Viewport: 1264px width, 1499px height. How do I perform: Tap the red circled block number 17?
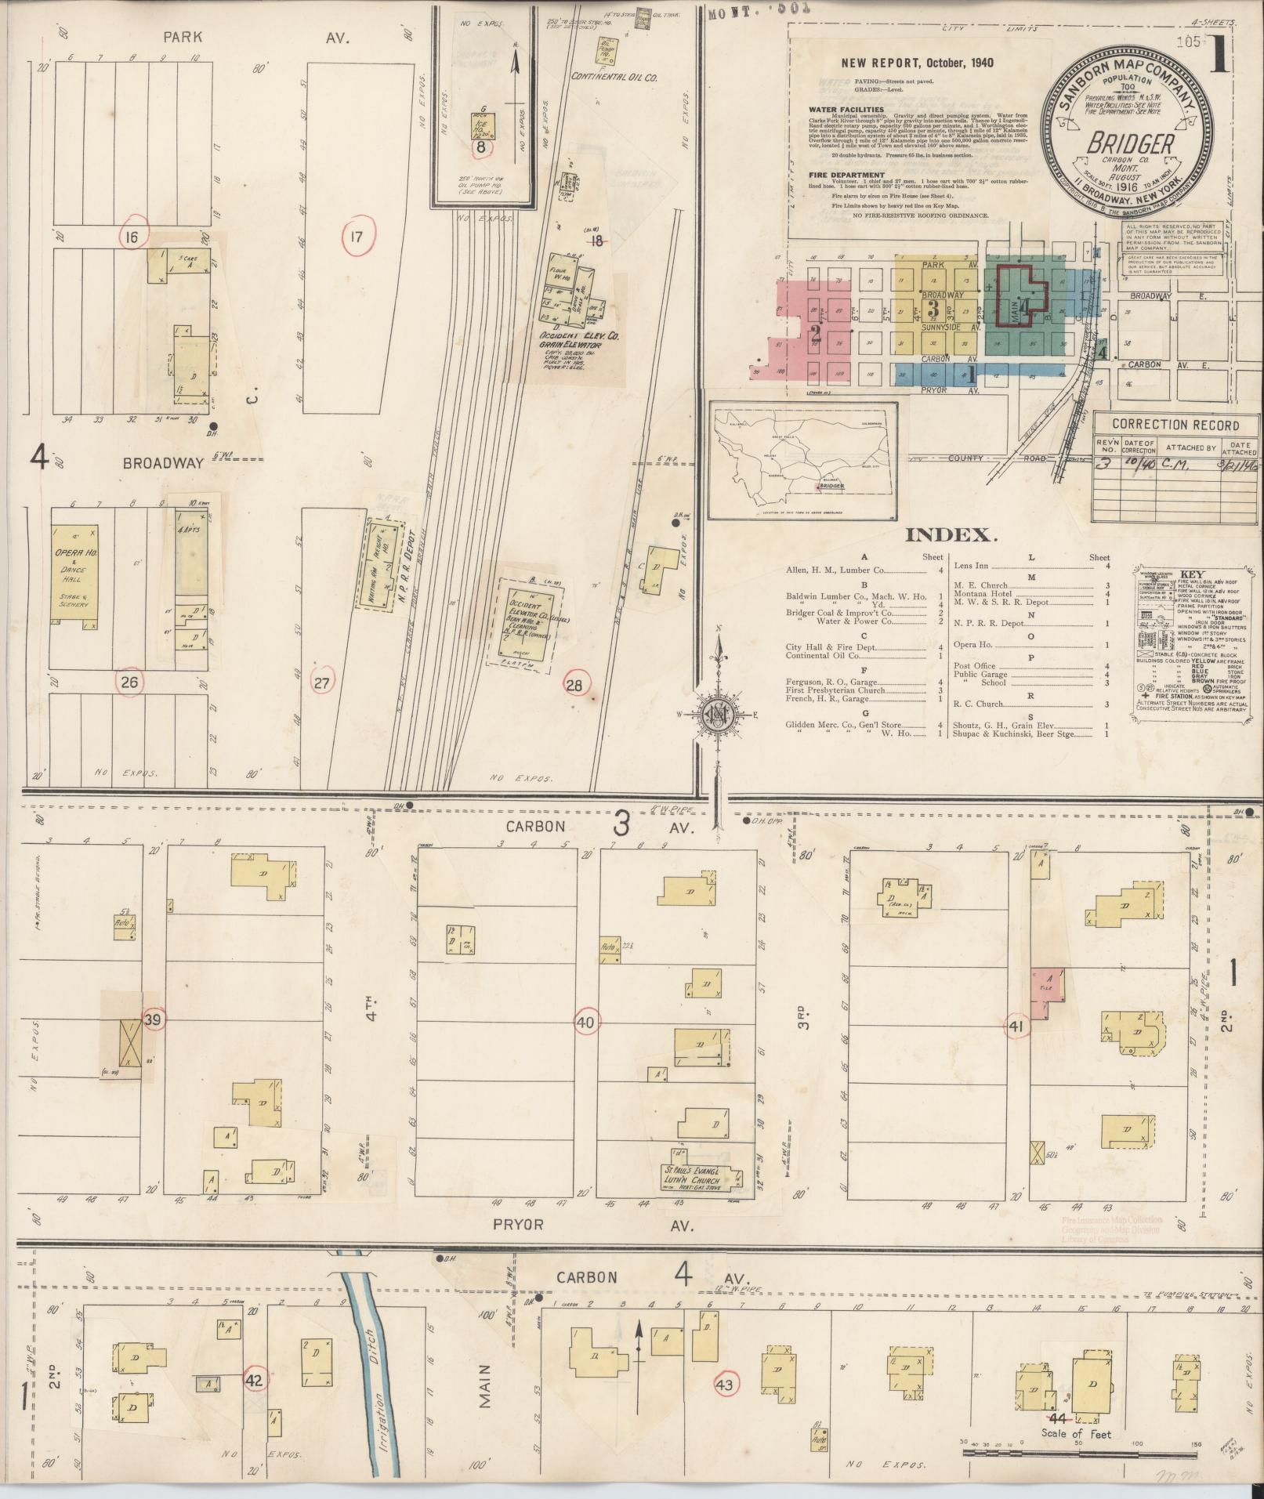(357, 236)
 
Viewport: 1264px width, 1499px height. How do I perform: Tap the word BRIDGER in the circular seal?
(1129, 144)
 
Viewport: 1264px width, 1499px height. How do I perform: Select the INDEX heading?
(951, 535)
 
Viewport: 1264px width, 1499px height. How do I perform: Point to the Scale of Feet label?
(1075, 1433)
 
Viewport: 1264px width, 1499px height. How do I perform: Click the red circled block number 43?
(723, 1385)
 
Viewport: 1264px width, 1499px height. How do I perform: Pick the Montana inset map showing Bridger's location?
(802, 460)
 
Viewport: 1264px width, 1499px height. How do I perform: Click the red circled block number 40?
(585, 1022)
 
